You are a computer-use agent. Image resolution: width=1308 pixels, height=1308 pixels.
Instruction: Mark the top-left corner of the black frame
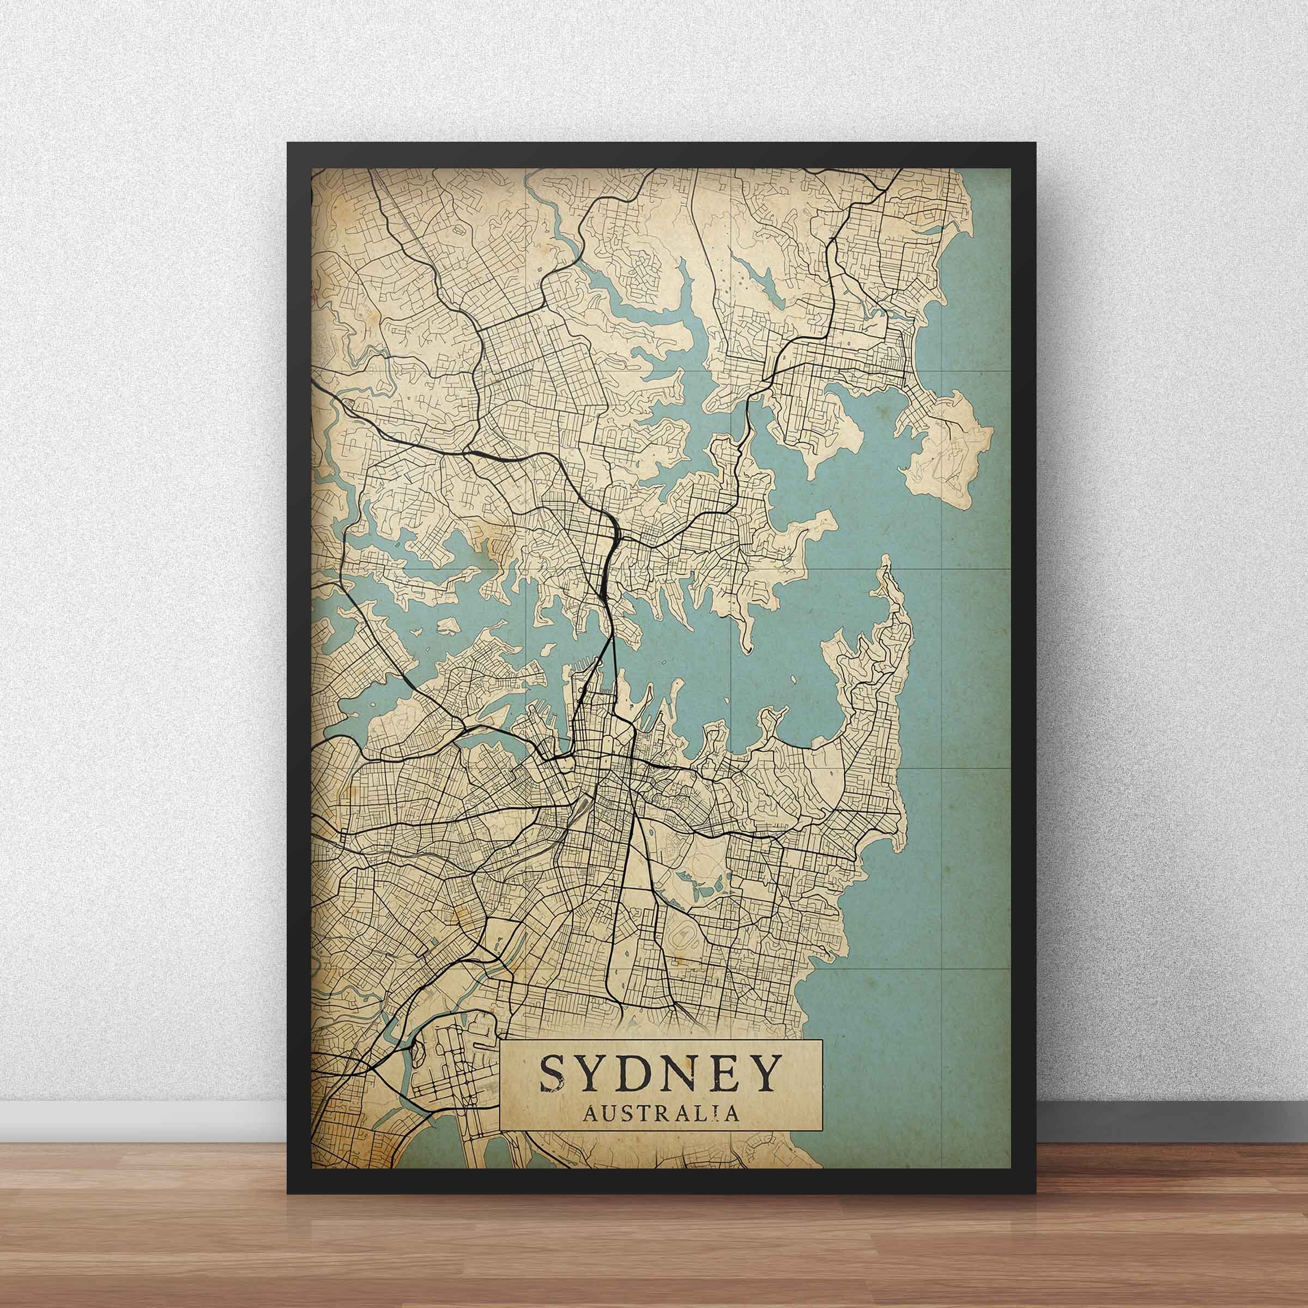(288, 143)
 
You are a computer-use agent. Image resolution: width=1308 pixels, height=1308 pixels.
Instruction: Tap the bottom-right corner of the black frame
(1035, 1192)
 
